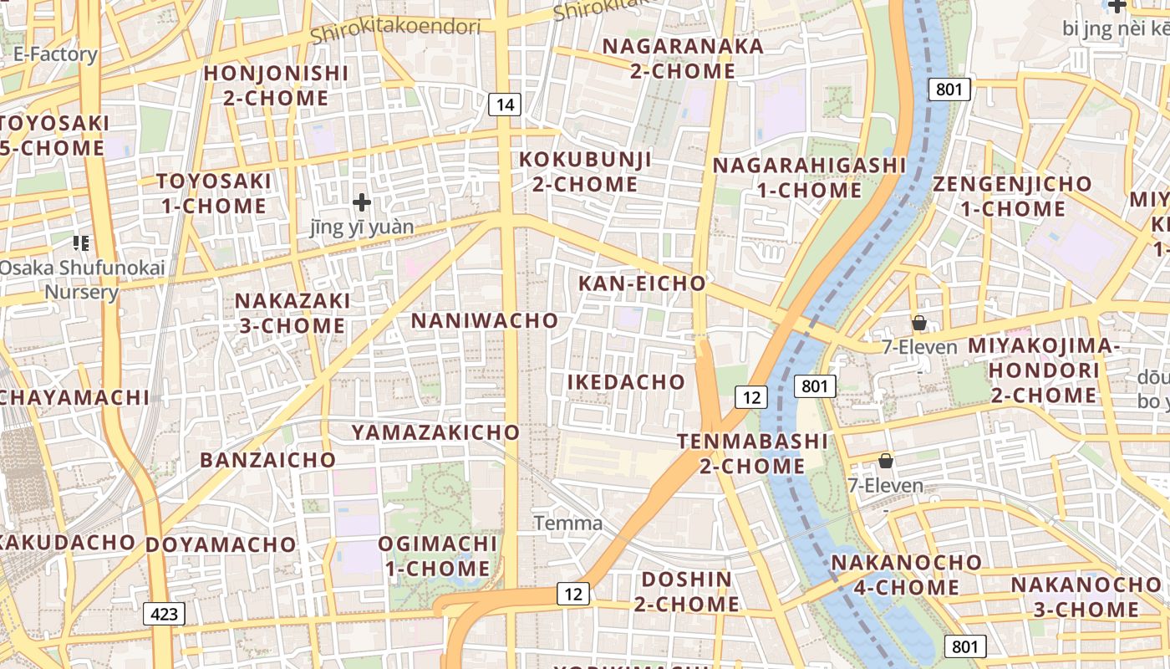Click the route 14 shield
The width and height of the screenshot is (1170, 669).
(505, 105)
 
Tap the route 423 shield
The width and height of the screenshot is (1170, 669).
(165, 614)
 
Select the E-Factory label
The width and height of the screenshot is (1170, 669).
(55, 54)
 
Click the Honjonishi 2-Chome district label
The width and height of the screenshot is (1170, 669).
(276, 85)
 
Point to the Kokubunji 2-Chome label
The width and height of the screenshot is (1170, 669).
(585, 171)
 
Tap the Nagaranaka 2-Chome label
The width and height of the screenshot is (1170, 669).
(683, 59)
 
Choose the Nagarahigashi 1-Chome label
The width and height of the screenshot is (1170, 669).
(809, 177)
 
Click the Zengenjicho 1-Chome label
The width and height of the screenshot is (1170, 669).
(1012, 196)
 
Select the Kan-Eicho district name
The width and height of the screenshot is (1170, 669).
(643, 283)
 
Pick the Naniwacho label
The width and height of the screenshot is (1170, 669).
(485, 320)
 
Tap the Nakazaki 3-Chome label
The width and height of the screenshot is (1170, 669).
(292, 313)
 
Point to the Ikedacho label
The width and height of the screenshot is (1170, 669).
(627, 382)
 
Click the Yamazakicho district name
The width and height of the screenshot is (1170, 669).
(435, 432)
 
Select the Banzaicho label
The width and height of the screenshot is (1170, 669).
(267, 460)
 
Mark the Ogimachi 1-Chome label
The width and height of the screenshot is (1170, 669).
(437, 556)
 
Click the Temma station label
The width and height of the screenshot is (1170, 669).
(568, 524)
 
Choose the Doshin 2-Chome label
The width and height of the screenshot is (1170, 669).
(686, 591)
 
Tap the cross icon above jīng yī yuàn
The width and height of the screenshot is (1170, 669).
(362, 202)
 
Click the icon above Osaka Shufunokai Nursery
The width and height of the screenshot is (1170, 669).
(81, 243)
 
